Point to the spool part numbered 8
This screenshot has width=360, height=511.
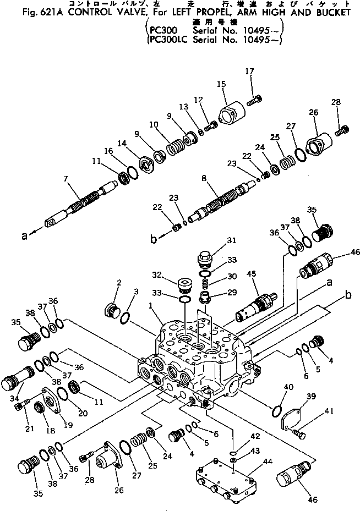click(x=220, y=201)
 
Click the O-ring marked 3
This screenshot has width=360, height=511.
click(x=126, y=317)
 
